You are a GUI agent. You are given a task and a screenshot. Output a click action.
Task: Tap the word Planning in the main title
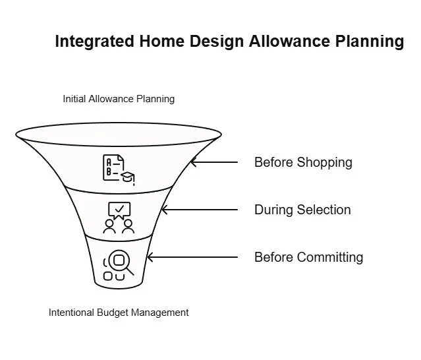[369, 42]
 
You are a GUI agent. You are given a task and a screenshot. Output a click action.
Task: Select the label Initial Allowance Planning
[119, 99]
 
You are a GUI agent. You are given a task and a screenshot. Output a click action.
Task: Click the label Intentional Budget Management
[119, 313]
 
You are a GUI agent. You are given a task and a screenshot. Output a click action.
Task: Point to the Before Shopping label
[303, 162]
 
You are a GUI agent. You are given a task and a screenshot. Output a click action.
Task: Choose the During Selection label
[302, 210]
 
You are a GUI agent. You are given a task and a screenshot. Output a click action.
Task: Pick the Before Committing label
[308, 257]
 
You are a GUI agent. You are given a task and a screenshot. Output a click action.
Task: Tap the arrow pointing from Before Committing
[191, 257]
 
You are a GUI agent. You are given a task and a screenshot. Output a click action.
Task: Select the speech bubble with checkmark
[119, 209]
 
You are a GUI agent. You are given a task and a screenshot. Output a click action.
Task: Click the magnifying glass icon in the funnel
[121, 262]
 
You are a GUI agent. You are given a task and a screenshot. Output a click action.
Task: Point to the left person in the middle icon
[109, 226]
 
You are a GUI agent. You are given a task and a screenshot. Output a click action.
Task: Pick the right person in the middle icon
[128, 226]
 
